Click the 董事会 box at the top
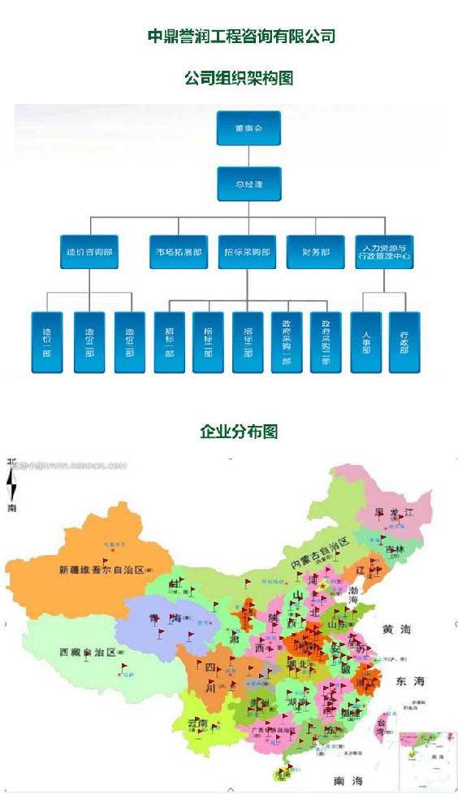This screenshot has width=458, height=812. tap(248, 128)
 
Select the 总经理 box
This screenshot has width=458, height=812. tap(248, 185)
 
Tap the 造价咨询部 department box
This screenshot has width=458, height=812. tap(89, 252)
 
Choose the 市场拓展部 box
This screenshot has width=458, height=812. tap(179, 252)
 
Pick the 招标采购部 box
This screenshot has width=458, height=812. tap(248, 252)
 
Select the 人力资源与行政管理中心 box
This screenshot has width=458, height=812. tap(384, 252)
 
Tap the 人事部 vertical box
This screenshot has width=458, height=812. tap(366, 342)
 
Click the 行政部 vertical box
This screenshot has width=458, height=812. tap(404, 342)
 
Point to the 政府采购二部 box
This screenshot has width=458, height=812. tap(326, 342)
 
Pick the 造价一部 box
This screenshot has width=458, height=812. tap(47, 342)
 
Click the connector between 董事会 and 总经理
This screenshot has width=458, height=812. tap(248, 157)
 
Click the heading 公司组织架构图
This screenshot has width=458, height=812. tap(239, 78)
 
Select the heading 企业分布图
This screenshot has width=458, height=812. tap(239, 432)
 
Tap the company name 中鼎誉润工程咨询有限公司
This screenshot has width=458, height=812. tap(241, 37)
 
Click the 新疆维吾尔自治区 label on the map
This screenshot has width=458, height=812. tap(101, 570)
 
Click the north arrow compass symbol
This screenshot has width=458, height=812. tap(12, 485)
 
